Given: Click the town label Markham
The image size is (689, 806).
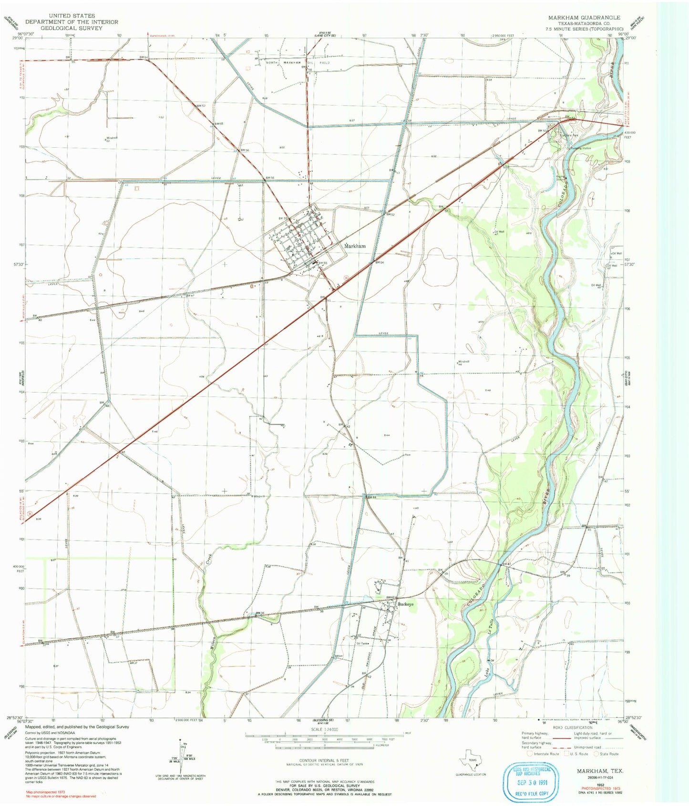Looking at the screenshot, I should coord(355,246).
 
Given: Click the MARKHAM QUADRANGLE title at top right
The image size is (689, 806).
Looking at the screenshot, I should coord(584,18).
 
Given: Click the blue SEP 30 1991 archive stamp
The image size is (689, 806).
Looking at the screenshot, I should coord(530,782).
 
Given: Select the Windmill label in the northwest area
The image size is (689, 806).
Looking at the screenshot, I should coord(111,138).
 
